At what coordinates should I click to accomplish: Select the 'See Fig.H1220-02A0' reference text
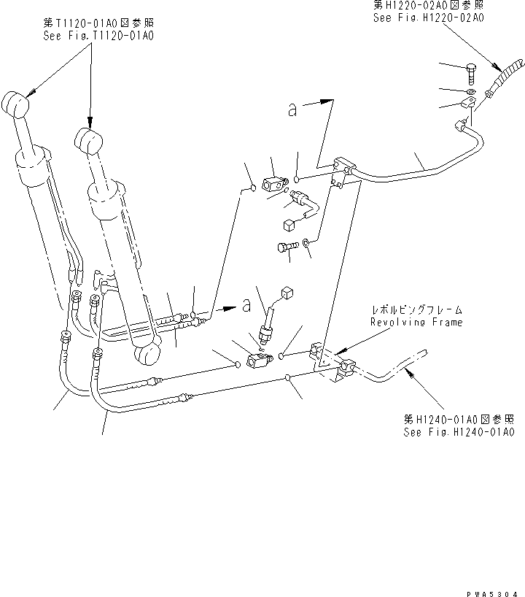coord(428,18)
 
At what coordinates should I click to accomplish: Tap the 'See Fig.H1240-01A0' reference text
coord(459,432)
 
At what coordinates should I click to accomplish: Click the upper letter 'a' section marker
coord(292,111)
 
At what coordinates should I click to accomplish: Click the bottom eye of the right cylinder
coord(147,355)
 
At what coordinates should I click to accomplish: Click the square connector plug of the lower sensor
coord(286,293)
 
